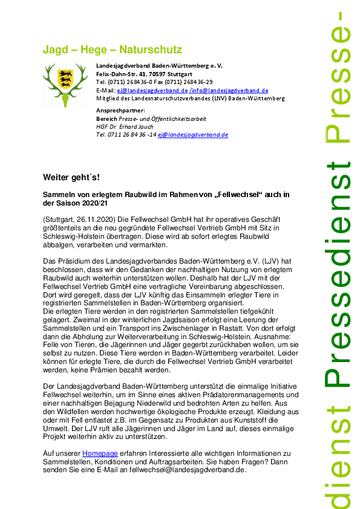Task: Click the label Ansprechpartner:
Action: [x=121, y=111]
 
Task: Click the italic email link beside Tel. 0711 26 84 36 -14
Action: [x=193, y=135]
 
